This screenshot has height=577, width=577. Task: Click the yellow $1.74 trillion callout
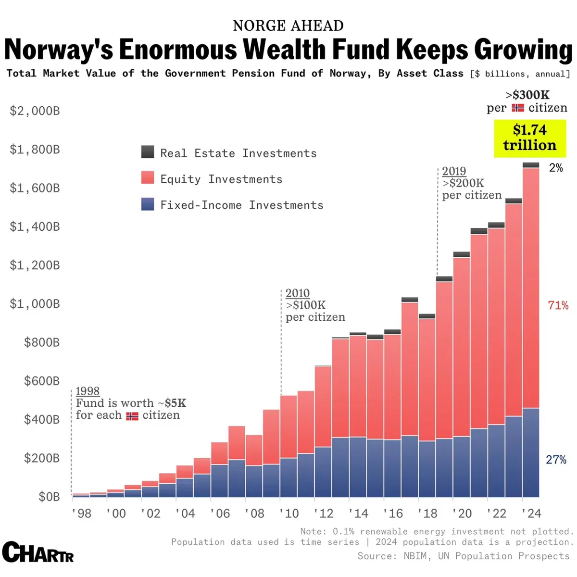tap(529, 138)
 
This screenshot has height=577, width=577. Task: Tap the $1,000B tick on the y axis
tap(35, 304)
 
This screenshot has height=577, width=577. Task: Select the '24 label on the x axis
tap(531, 514)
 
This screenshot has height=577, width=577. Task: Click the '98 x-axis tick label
tap(81, 514)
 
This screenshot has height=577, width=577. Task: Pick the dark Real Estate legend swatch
tap(148, 152)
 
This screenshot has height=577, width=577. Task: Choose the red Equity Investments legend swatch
tap(148, 178)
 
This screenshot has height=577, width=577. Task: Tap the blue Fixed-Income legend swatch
tap(148, 204)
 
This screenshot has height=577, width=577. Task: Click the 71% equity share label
tap(558, 305)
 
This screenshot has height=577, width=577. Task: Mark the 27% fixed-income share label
tap(556, 460)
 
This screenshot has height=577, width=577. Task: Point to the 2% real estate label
tap(556, 168)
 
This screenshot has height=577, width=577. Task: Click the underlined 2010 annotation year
tap(297, 293)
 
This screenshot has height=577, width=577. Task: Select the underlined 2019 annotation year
tap(454, 171)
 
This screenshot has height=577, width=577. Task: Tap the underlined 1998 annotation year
tap(88, 391)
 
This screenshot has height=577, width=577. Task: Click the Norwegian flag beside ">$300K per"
tap(518, 108)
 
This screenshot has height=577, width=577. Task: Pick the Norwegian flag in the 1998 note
tap(132, 416)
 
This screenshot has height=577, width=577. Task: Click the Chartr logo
tap(38, 553)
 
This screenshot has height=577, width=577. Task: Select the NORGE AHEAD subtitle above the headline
tap(288, 25)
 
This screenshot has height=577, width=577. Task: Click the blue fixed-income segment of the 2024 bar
tap(531, 452)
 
